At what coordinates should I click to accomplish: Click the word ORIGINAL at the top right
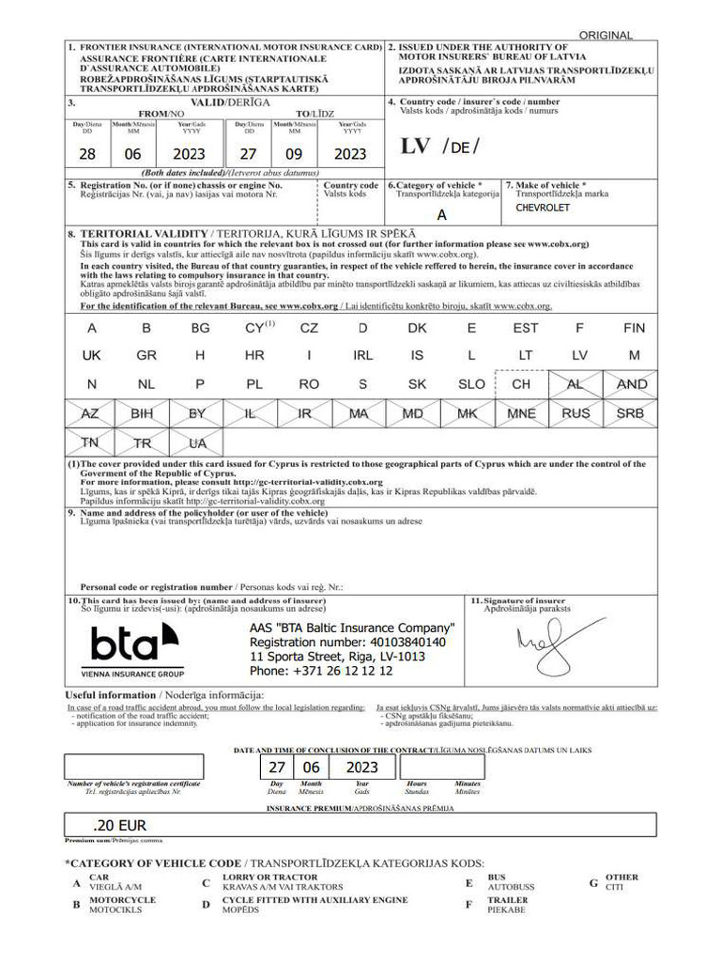point(606,35)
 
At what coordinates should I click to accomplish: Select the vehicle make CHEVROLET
point(543,208)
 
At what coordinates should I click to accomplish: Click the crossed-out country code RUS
point(576,412)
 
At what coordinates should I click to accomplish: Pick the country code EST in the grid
point(526,329)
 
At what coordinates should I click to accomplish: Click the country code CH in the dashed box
point(521,384)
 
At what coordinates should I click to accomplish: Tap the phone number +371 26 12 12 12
point(321,671)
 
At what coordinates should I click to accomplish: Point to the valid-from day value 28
point(87,154)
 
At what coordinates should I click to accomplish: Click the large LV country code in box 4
point(415,147)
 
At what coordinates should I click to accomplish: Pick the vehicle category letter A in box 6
point(442,215)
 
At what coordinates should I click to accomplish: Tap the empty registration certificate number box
point(133,767)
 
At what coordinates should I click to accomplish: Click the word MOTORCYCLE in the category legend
point(122,900)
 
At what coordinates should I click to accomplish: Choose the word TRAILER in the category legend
point(508,900)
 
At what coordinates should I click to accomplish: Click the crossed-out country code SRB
point(630,412)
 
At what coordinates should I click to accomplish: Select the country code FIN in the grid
point(634,329)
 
